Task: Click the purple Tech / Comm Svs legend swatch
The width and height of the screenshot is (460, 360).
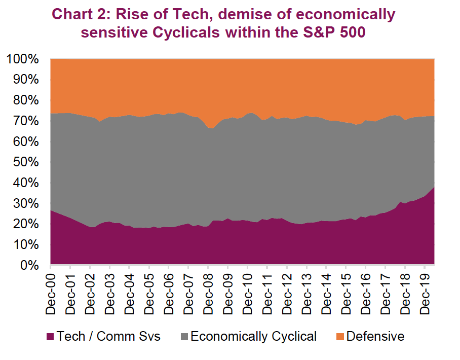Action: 50,337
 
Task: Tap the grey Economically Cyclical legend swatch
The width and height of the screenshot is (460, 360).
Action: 184,337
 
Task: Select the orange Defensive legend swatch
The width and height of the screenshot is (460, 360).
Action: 339,337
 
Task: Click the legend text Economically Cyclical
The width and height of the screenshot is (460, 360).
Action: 254,336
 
